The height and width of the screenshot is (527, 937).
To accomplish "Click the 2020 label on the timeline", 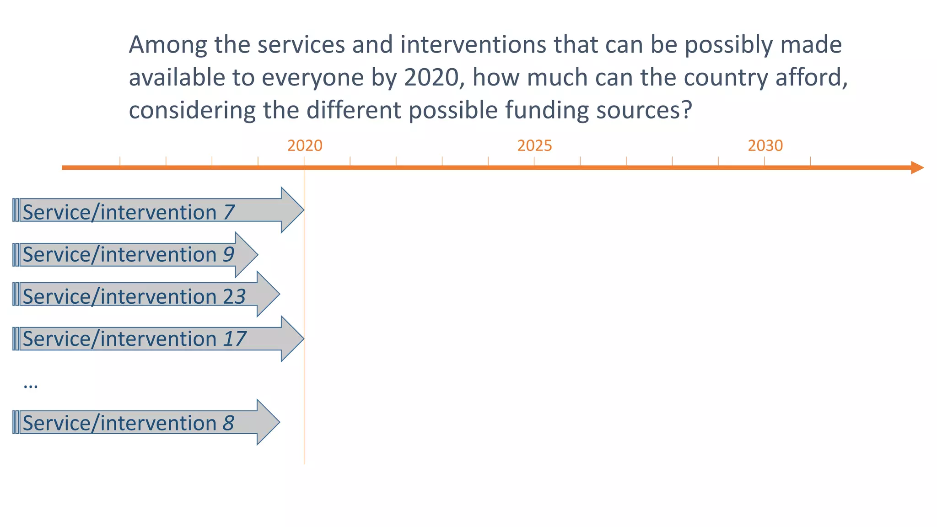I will click(305, 146).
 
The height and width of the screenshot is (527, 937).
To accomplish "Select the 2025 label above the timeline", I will click(534, 146).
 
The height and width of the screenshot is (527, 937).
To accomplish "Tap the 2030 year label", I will click(765, 146).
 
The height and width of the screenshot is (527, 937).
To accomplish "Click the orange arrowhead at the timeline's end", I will click(917, 167).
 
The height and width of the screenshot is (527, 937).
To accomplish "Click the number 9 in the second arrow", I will click(228, 254).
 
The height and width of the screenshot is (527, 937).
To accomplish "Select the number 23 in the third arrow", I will click(234, 296).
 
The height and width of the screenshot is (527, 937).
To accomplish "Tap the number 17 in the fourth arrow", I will click(234, 339).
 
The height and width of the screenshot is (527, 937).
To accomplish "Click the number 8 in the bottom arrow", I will click(228, 423).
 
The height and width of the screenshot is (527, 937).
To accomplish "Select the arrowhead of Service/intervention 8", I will click(268, 422).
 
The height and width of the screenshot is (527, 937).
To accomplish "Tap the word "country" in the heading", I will click(726, 77).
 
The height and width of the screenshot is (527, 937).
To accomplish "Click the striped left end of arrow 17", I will click(16, 339).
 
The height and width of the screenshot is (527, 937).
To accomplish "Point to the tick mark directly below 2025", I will click(534, 161).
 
